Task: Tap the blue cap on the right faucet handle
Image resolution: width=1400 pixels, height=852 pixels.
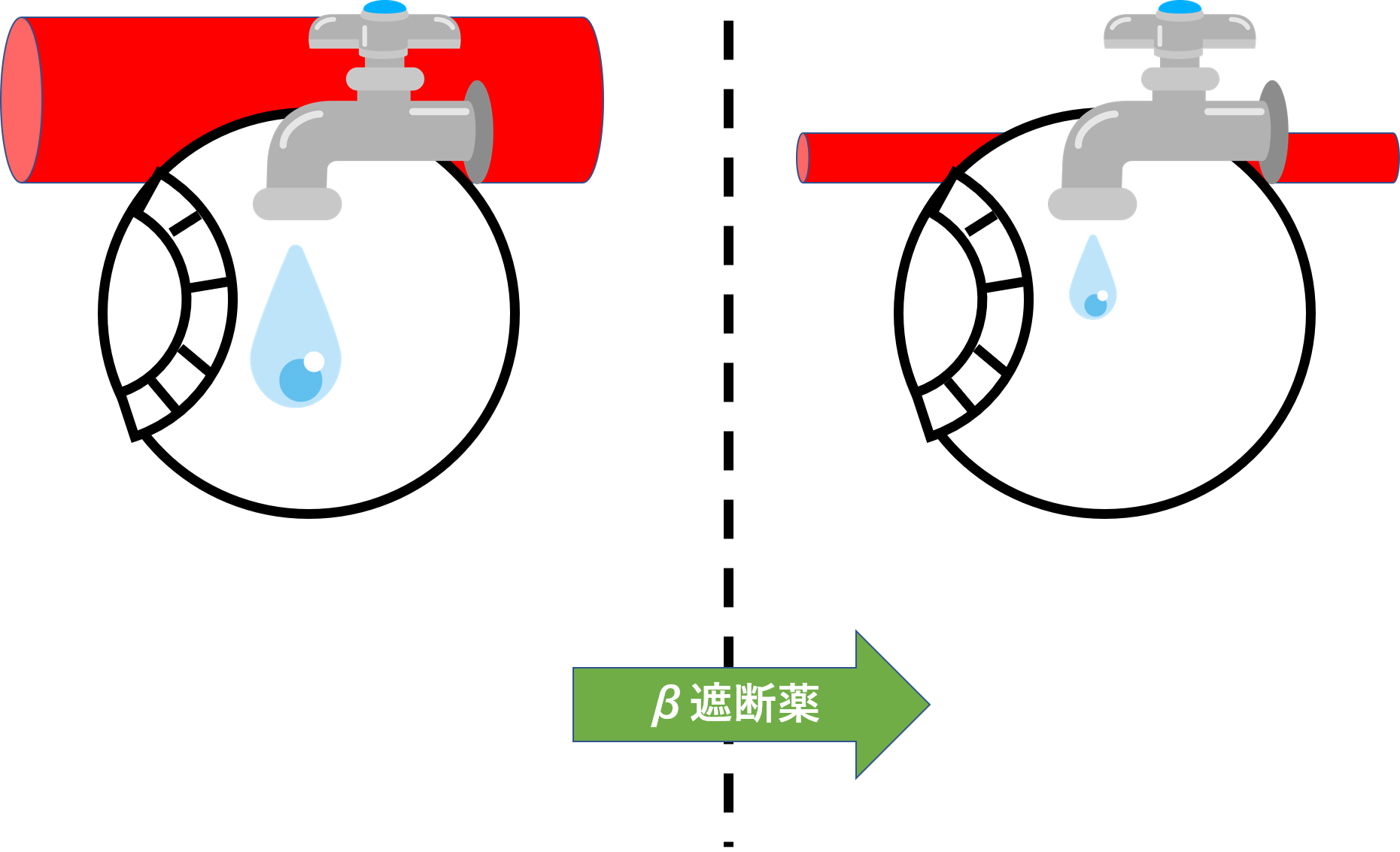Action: (x=1179, y=8)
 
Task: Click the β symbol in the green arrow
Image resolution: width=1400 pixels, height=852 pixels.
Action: (x=666, y=705)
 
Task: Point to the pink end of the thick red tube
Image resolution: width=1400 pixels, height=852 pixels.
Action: (x=21, y=99)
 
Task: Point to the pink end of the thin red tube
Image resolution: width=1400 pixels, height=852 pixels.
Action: (x=803, y=158)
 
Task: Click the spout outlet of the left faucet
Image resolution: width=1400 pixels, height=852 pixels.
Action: (x=297, y=205)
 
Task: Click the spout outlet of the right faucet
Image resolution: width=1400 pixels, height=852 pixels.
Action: (x=1092, y=205)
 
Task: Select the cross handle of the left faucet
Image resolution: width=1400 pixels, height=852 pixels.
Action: (x=384, y=33)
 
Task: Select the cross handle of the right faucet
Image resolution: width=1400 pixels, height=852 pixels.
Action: (x=1180, y=33)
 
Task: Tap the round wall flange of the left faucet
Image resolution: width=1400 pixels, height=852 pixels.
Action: (x=479, y=132)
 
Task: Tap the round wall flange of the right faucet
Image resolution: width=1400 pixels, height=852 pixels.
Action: (x=1274, y=132)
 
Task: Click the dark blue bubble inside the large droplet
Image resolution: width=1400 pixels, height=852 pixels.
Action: (x=300, y=380)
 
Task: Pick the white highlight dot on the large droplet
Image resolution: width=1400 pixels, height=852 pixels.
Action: (x=314, y=362)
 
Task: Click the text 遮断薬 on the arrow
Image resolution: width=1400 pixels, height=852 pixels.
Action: (x=755, y=705)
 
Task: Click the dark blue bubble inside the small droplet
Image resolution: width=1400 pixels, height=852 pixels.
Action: (x=1095, y=305)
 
